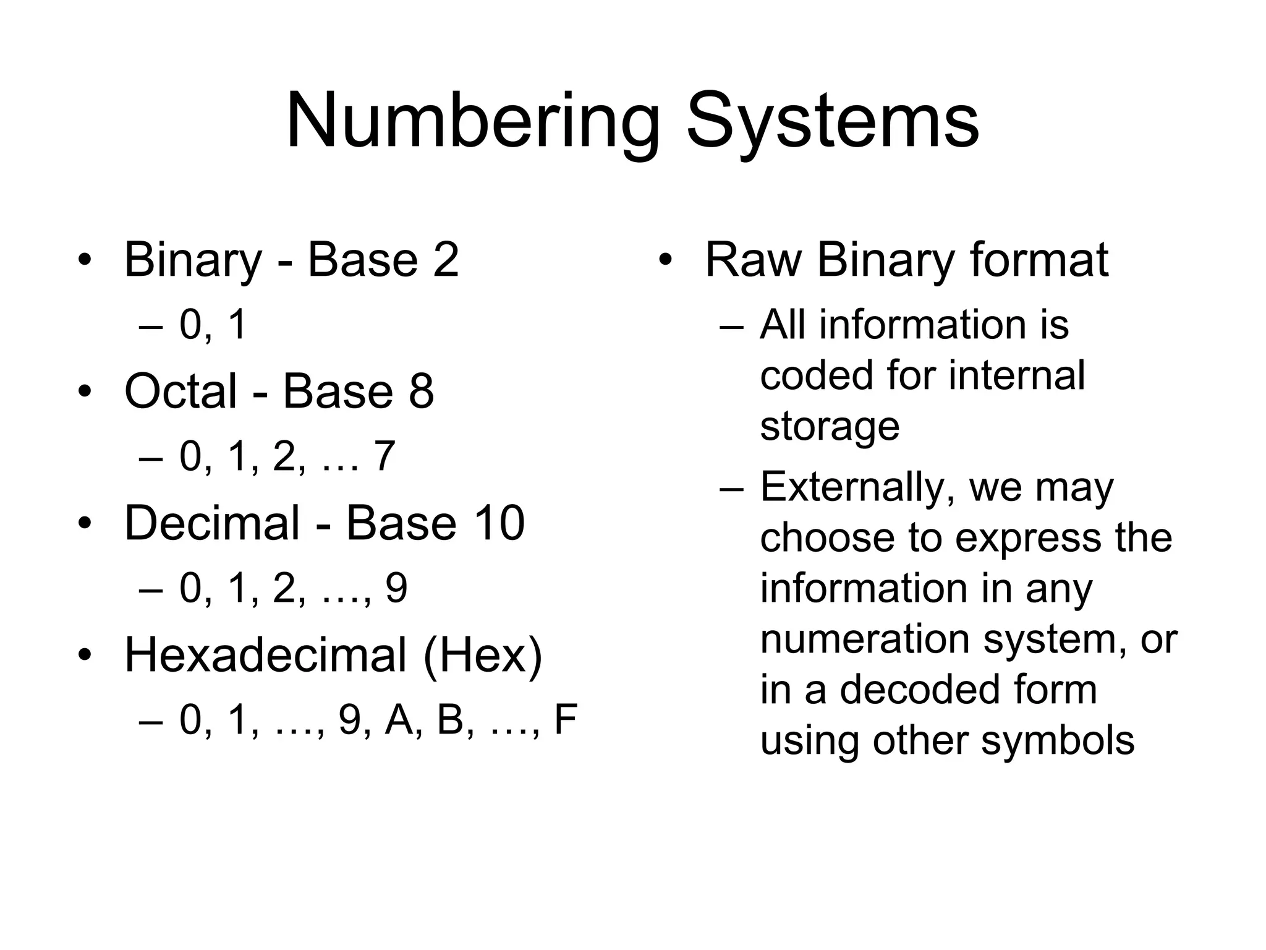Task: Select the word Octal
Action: click(181, 391)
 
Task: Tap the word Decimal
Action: click(212, 523)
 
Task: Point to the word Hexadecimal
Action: click(265, 655)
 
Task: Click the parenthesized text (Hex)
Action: click(482, 655)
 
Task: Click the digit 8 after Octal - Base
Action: click(421, 391)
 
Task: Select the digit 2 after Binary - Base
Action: click(446, 259)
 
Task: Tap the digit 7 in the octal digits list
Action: click(383, 456)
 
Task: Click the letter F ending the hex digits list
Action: click(565, 720)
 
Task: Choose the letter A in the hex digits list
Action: click(399, 720)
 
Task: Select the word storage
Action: click(830, 427)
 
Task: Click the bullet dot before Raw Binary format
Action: click(665, 260)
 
